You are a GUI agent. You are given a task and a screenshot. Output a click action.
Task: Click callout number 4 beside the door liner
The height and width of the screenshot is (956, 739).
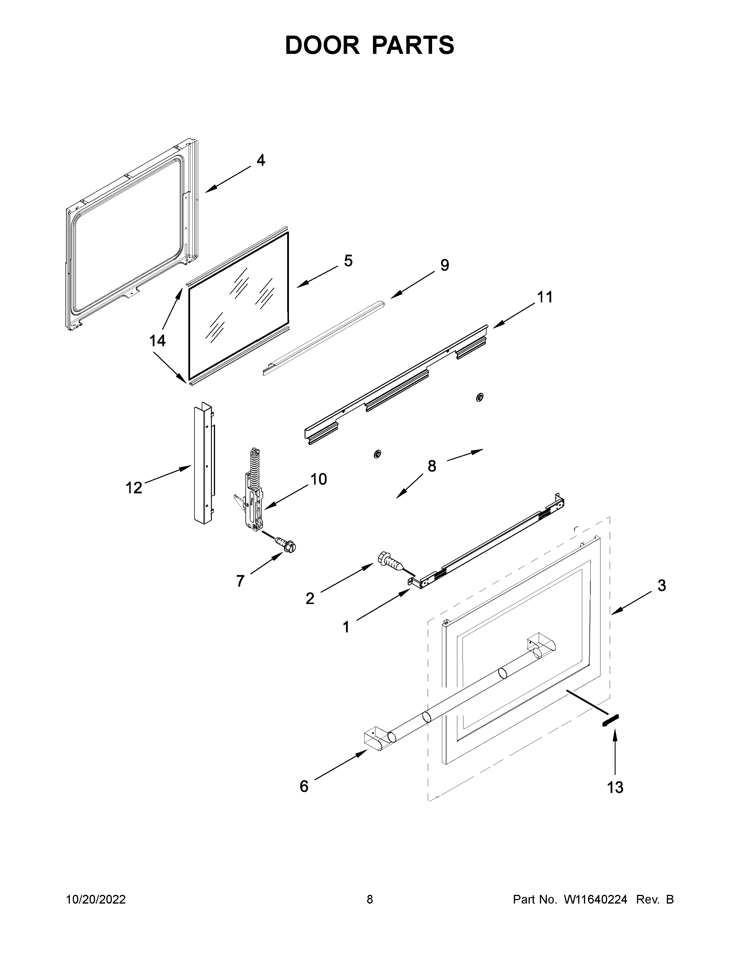coord(261,161)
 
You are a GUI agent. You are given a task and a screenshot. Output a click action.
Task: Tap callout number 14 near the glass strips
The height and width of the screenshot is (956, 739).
coord(158,341)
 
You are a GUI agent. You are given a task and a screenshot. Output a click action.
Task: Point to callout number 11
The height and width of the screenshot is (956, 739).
coord(545,297)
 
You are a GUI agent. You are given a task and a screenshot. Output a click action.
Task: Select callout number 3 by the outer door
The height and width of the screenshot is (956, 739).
coord(662,585)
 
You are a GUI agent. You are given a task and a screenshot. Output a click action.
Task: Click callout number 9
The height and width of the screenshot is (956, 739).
coord(444,265)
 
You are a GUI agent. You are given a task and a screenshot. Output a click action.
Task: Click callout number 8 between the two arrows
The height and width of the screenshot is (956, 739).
coord(432,466)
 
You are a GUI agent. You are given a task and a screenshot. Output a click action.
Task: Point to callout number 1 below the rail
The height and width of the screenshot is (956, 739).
coord(346,627)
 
